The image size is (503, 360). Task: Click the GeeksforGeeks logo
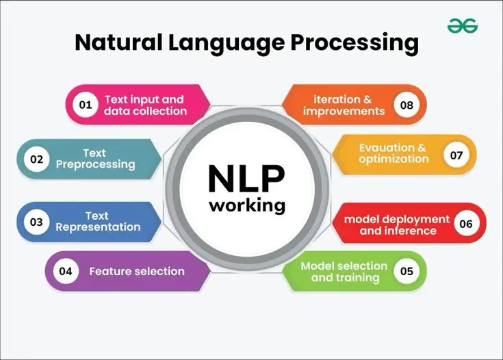(462, 26)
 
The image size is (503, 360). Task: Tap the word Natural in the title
(118, 42)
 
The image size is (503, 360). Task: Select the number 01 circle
(86, 105)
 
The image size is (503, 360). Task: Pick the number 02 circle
(36, 159)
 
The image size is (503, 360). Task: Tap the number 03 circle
(36, 222)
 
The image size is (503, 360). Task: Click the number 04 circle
(66, 271)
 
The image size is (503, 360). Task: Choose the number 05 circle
(407, 271)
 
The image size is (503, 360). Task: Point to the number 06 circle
(466, 223)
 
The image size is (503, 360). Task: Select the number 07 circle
(456, 155)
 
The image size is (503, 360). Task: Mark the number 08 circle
(407, 105)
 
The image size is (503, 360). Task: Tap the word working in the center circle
(247, 205)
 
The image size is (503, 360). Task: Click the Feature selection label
(137, 272)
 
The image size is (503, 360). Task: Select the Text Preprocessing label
(95, 159)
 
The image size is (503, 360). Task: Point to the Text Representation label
(98, 221)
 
